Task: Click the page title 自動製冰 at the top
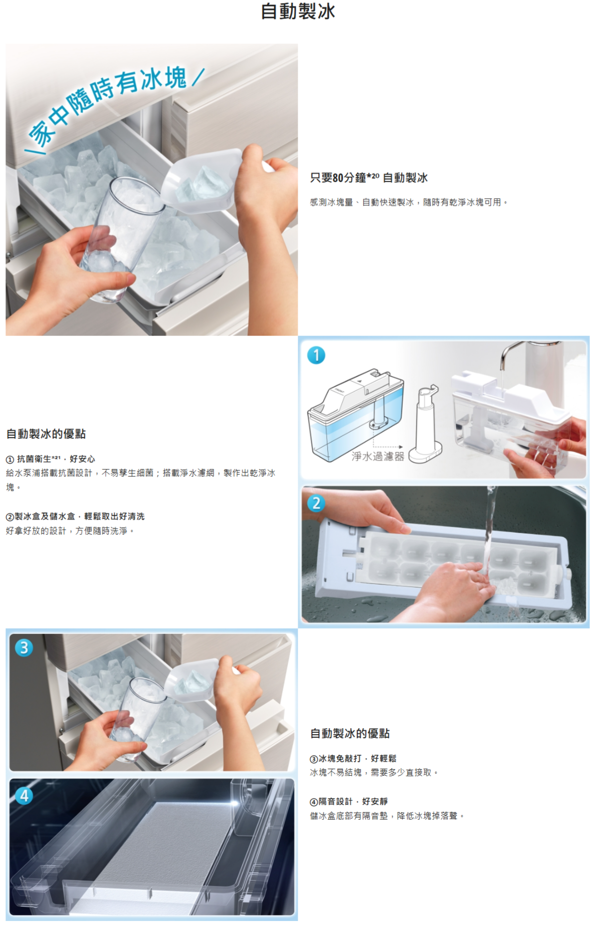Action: (x=298, y=11)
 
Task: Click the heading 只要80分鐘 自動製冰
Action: (x=369, y=178)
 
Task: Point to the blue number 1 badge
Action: (x=316, y=355)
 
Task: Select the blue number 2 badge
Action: (x=316, y=503)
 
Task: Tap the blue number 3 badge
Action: (x=24, y=647)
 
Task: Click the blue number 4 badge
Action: (x=24, y=796)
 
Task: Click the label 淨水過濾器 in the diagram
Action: (x=378, y=456)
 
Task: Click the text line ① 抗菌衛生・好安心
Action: (x=50, y=459)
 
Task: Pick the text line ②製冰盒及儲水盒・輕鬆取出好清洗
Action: (x=75, y=516)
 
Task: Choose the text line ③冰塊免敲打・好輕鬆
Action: (x=353, y=758)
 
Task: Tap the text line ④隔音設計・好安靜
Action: (x=349, y=801)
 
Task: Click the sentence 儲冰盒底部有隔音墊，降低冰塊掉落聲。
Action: (x=388, y=816)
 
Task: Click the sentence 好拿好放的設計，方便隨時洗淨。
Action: (x=70, y=531)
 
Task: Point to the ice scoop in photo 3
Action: (x=193, y=680)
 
